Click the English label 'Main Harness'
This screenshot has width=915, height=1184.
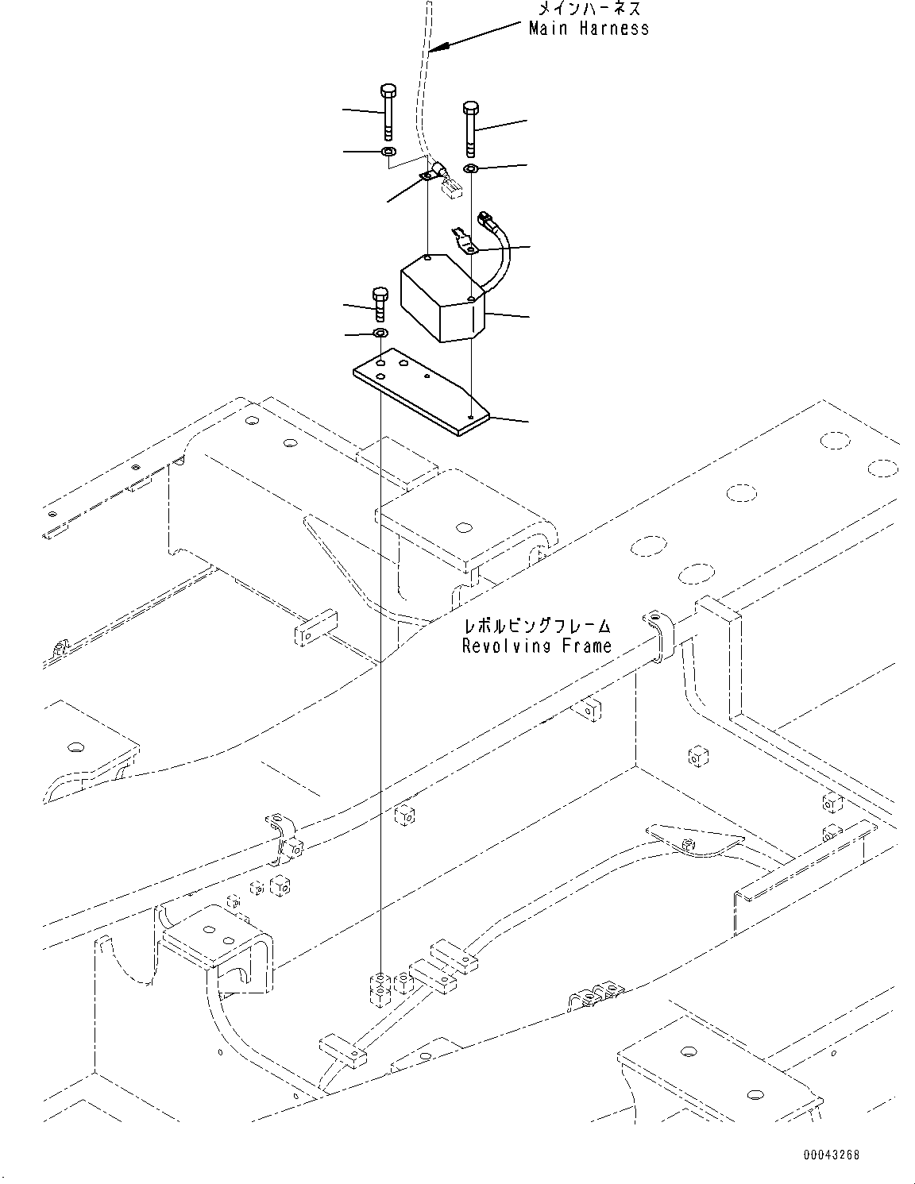pos(589,29)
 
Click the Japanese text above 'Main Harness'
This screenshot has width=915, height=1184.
pos(589,9)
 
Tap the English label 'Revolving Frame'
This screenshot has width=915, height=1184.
pos(537,646)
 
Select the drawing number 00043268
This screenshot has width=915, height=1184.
pos(829,1155)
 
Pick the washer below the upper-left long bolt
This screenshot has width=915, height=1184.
pos(388,151)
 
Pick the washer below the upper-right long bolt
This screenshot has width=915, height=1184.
pos(470,168)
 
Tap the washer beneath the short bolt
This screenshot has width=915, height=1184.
pos(380,331)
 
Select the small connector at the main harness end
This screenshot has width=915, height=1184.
pos(452,189)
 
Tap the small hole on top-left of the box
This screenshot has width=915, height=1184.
pos(427,258)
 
